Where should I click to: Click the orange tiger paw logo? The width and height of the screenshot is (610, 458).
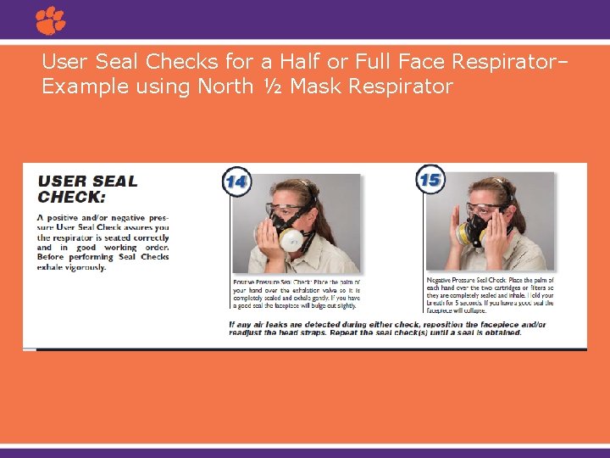51,20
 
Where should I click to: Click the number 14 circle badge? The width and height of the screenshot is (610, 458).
236,181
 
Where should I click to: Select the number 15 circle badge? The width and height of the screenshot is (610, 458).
430,179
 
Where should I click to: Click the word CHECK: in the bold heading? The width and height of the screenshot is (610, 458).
72,197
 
